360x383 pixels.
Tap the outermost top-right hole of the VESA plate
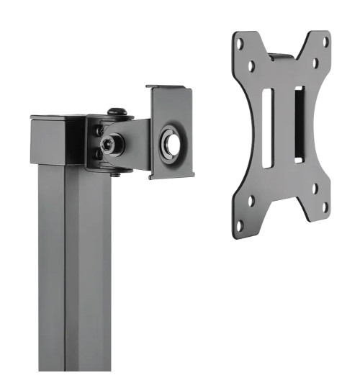[x=325, y=41]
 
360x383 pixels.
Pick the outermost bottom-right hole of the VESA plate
[x=324, y=208]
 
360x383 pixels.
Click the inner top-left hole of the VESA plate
[x=251, y=66]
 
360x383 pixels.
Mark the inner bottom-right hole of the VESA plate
[x=315, y=189]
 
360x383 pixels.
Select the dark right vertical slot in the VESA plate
[x=299, y=123]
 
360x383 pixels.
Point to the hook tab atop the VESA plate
[x=282, y=55]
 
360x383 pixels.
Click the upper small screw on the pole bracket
[x=96, y=130]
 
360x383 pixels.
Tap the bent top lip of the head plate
[x=171, y=89]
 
